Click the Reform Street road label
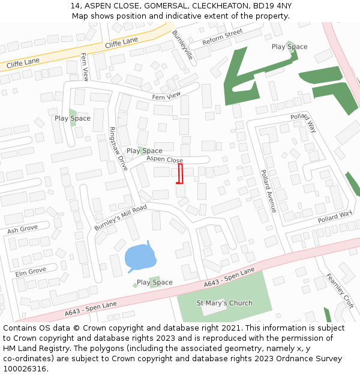coord(222,37)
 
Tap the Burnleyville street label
coord(182,44)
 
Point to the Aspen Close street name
coord(164,160)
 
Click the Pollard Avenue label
coord(268,191)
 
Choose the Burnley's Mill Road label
coord(121,218)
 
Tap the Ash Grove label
coord(22,229)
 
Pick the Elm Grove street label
coord(31,271)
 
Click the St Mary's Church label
coord(224,303)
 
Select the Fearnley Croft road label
coord(340,292)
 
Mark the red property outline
coord(179,173)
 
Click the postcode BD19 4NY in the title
coord(272,5)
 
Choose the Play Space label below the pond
coord(154,282)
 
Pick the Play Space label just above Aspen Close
coord(144,151)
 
